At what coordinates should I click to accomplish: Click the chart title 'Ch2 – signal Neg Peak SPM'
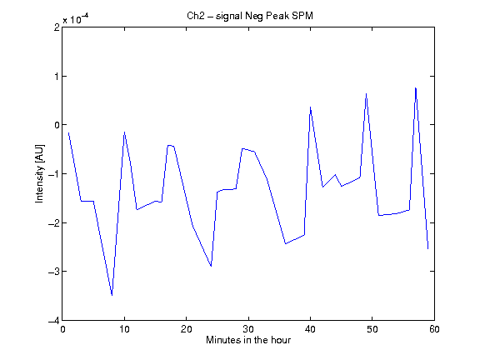coord(250,16)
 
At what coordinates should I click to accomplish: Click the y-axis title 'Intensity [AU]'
coord(39,173)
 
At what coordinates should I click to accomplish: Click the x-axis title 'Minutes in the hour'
coord(248,340)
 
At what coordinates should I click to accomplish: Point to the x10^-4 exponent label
coord(76,19)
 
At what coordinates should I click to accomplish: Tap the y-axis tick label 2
coord(57,27)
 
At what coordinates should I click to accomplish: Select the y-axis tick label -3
coord(53,272)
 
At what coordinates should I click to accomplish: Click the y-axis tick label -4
coord(53,321)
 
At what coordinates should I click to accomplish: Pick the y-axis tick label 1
coord(57,76)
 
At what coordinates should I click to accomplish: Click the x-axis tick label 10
coord(125,329)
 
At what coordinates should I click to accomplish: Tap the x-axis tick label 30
coord(248,329)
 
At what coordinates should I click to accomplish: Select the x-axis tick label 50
coord(372,329)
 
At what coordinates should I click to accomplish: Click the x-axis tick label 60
coord(434,329)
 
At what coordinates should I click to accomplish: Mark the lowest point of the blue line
coord(112,295)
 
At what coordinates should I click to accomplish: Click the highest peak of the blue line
coord(415,87)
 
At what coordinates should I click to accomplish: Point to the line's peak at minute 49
coord(366,93)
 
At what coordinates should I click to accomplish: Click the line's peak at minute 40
coord(310,107)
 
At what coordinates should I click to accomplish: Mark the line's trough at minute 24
coord(211,266)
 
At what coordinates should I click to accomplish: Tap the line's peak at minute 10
coord(125,132)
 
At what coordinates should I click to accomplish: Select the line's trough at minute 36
coord(286,243)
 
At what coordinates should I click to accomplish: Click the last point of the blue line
coord(428,249)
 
